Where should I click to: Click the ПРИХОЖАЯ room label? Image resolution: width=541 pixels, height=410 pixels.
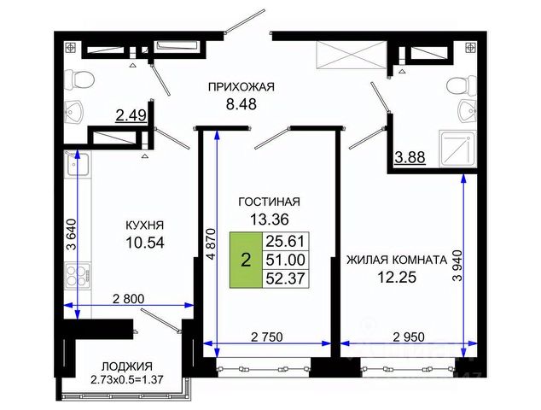click(241, 86)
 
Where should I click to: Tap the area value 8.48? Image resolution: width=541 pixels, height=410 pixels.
click(241, 103)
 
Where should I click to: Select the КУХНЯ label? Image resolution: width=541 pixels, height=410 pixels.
click(144, 225)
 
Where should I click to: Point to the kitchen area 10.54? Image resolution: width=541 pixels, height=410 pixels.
click(145, 243)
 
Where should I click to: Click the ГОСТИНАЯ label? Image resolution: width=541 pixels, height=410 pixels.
click(270, 202)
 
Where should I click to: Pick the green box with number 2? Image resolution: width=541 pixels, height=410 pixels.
click(246, 260)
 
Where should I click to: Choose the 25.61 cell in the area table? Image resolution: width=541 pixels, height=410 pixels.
click(285, 241)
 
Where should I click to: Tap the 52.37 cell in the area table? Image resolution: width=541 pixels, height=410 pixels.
click(285, 278)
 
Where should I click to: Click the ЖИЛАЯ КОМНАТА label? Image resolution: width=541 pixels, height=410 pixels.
click(397, 260)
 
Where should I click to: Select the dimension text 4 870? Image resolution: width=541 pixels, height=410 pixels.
click(211, 243)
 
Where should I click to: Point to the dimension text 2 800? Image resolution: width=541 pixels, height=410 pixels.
click(129, 298)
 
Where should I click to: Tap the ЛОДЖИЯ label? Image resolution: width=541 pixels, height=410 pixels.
click(127, 366)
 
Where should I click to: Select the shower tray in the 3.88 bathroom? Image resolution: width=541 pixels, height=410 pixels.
click(457, 149)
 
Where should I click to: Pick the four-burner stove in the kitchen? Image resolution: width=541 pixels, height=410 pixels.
click(78, 274)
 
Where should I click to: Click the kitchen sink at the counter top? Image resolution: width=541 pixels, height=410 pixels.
click(78, 164)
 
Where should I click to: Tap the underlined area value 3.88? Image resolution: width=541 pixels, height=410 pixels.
click(410, 157)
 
